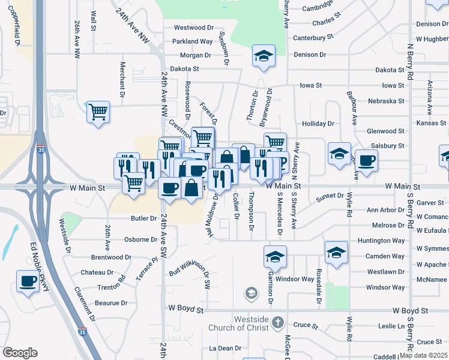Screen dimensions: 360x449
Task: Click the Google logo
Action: click(20, 353)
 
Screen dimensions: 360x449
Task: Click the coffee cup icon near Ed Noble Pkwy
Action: click(28, 281)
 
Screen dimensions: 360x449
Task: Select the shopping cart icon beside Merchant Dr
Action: click(98, 112)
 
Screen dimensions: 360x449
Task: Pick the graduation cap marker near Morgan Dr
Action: click(264, 56)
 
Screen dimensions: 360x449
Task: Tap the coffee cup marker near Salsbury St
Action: click(366, 160)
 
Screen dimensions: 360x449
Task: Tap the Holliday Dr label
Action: click(318, 124)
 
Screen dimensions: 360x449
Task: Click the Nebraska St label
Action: click(386, 101)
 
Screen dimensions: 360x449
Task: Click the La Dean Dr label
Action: click(225, 348)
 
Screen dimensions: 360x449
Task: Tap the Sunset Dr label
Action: click(330, 196)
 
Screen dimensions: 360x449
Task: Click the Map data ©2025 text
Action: click(424, 355)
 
